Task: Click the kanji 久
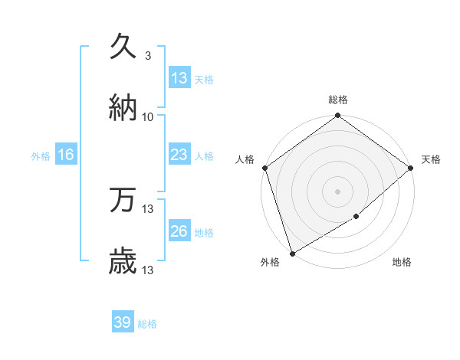123,47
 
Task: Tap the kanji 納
123,108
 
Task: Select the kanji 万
123,200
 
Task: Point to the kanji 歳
123,261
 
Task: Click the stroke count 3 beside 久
147,56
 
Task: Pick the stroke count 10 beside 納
148,117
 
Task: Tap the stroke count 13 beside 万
149,208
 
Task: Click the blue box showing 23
179,155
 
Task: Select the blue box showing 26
179,231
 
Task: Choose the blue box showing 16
66,155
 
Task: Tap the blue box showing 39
123,322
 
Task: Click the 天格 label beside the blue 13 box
204,79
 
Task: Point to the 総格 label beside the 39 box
147,324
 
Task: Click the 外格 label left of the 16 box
41,155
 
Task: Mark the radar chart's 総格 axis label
338,100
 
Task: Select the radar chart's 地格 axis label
402,263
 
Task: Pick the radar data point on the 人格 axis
264,168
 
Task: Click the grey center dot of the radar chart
337,191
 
